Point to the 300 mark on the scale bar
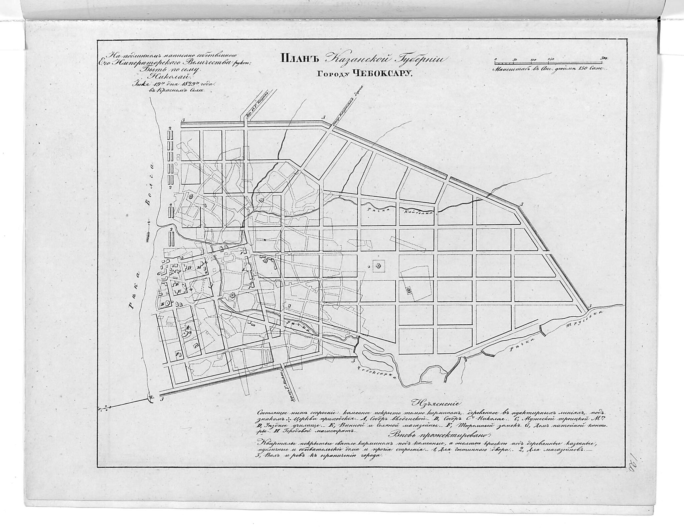tap(604, 58)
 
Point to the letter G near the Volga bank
tap(159, 273)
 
